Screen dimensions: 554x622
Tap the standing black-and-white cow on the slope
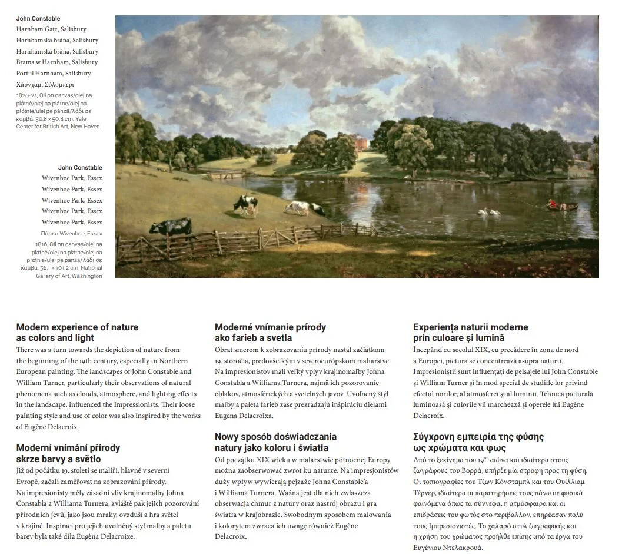245,204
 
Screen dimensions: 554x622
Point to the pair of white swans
490,211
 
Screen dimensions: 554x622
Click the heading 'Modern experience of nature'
78,327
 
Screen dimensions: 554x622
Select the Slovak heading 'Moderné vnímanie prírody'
270,327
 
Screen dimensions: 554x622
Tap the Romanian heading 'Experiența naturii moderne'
471,327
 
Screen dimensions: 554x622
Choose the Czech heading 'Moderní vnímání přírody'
68,448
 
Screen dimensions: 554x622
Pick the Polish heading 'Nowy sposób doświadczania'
275,437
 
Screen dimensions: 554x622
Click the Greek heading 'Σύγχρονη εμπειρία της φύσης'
478,437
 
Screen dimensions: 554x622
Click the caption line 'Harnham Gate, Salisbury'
51,29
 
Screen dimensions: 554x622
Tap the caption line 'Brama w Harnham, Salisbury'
57,62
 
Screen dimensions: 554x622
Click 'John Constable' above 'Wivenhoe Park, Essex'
80,168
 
